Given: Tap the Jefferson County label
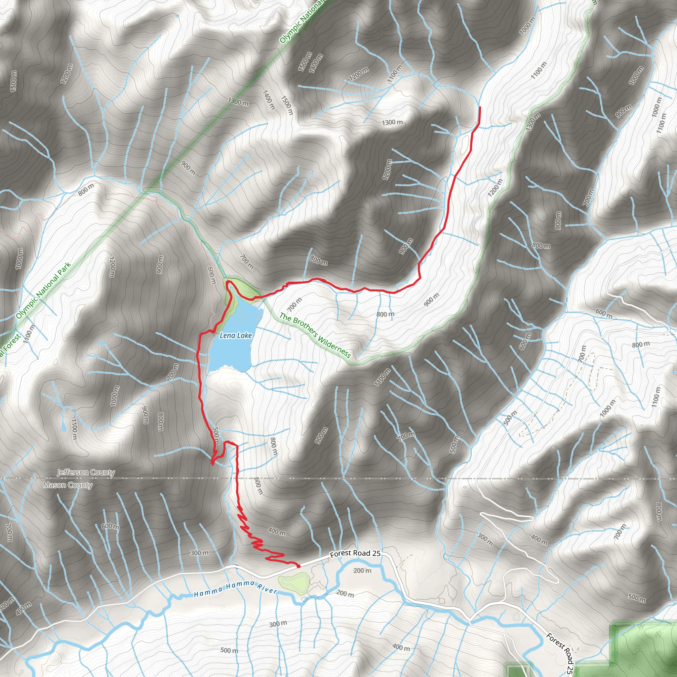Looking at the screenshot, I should (x=86, y=472).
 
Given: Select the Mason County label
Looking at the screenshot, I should (x=68, y=485).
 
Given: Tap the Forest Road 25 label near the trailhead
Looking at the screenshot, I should (x=355, y=553).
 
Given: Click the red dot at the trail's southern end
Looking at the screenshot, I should (x=298, y=566).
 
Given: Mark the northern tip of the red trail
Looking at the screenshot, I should (x=479, y=107).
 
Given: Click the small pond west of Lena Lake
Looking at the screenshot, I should (x=100, y=342).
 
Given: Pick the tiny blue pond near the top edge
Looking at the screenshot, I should (x=176, y=16).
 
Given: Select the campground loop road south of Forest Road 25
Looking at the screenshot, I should (x=294, y=582).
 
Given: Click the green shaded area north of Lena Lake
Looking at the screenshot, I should (x=247, y=290).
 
